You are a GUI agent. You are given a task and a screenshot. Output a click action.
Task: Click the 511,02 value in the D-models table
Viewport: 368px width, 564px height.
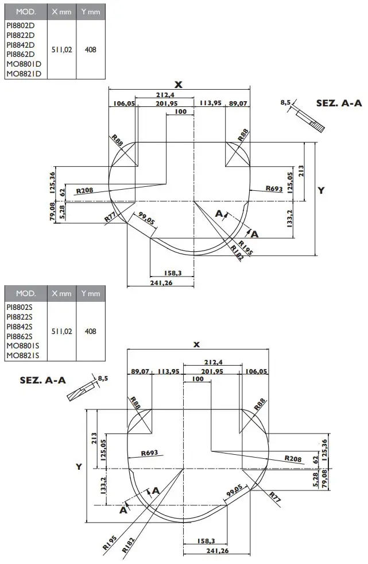pyautogui.click(x=61, y=50)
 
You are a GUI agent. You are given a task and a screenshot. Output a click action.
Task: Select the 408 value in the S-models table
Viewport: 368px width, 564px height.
pyautogui.click(x=90, y=332)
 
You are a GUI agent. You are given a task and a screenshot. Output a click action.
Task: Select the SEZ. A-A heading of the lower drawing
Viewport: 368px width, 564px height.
pyautogui.click(x=42, y=380)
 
